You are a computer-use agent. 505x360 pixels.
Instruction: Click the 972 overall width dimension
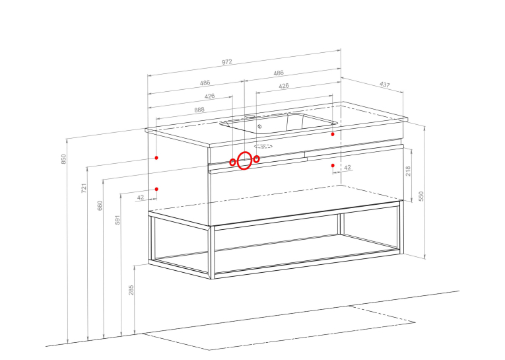pyautogui.click(x=226, y=62)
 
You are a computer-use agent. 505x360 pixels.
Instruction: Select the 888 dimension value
pyautogui.click(x=199, y=110)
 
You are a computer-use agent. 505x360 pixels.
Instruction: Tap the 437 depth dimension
pyautogui.click(x=385, y=85)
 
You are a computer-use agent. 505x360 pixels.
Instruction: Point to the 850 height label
pyautogui.click(x=63, y=159)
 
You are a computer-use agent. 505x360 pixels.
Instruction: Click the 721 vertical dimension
pyautogui.click(x=84, y=188)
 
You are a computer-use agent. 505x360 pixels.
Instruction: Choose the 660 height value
pyautogui.click(x=100, y=205)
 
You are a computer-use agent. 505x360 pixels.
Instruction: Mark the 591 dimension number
pyautogui.click(x=118, y=220)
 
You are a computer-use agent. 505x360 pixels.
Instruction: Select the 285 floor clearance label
pyautogui.click(x=131, y=290)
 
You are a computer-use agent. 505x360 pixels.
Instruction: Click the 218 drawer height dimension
pyautogui.click(x=408, y=171)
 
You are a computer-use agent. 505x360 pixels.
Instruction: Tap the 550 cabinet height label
pyautogui.click(x=421, y=196)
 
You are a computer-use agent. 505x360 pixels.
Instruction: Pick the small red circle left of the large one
pyautogui.click(x=232, y=162)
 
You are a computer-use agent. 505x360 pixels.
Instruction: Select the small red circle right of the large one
pyautogui.click(x=256, y=159)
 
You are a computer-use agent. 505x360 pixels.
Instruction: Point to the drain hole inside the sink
pyautogui.click(x=259, y=126)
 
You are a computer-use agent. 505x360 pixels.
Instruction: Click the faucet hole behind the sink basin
pyautogui.click(x=250, y=116)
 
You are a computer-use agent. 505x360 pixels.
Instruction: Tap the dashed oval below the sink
pyautogui.click(x=263, y=147)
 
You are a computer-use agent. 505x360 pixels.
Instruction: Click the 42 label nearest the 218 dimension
pyautogui.click(x=347, y=168)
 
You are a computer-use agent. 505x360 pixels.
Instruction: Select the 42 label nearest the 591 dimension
pyautogui.click(x=141, y=198)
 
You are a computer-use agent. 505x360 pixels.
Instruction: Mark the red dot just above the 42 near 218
pyautogui.click(x=333, y=165)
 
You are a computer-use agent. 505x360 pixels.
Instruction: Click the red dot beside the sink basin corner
pyautogui.click(x=333, y=134)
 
